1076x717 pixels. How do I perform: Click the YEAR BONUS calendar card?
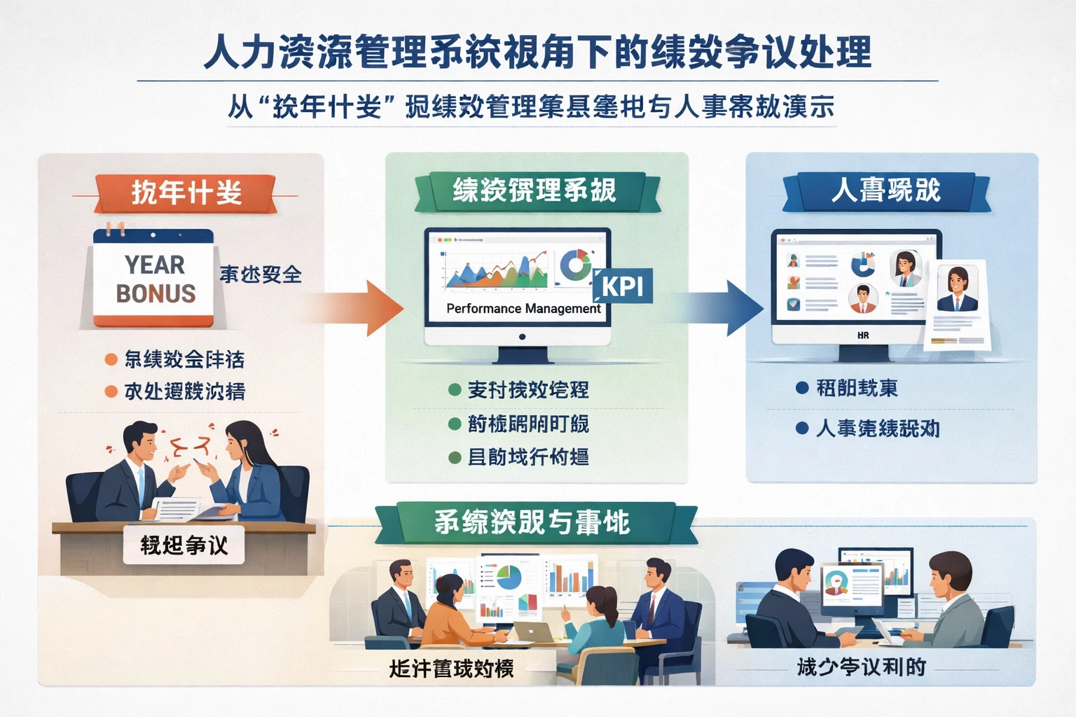(154, 279)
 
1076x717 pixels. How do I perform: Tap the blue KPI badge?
(622, 286)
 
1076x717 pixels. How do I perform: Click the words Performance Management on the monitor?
(523, 309)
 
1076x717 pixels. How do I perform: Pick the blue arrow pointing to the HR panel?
(725, 308)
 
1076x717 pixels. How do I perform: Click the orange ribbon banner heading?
(186, 193)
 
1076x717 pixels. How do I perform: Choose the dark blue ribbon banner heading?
(885, 190)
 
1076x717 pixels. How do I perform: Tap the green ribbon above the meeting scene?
(532, 522)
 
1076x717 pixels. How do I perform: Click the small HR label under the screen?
(863, 335)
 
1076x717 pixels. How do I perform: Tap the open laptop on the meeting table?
(534, 632)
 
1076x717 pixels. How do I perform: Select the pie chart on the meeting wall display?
(508, 578)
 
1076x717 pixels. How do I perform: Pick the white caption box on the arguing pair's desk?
(184, 545)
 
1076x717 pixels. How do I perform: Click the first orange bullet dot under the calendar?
(111, 360)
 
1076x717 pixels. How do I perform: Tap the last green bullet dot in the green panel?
(455, 458)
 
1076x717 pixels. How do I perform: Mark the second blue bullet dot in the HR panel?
(802, 428)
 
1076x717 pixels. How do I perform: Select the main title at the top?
(537, 53)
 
